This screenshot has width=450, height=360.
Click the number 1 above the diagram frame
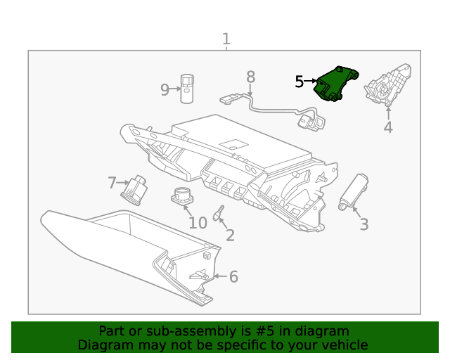click(x=226, y=39)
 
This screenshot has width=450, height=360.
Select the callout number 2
click(x=230, y=236)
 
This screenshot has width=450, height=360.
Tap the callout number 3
click(x=364, y=224)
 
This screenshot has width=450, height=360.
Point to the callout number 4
click(x=387, y=127)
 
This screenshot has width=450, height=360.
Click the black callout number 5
click(x=299, y=82)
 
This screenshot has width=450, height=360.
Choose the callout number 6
click(x=233, y=277)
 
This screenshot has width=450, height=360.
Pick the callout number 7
click(x=112, y=184)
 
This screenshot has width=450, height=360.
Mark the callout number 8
click(x=250, y=77)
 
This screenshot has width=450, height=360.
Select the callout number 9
click(x=165, y=90)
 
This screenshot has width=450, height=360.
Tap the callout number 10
click(x=198, y=223)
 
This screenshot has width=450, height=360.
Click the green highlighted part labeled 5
click(x=335, y=84)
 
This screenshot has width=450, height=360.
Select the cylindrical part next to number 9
click(x=187, y=88)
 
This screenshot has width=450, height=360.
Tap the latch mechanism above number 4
click(x=387, y=85)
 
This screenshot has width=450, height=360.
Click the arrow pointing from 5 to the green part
click(x=311, y=82)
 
